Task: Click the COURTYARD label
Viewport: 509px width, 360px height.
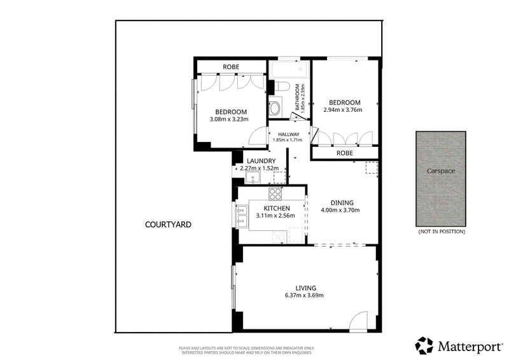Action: point(168,225)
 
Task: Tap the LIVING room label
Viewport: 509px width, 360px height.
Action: point(306,288)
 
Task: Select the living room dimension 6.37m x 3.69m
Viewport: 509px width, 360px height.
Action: point(304,295)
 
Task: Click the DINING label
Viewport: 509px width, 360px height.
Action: point(342,203)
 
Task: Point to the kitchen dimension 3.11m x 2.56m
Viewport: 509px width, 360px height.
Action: point(275,215)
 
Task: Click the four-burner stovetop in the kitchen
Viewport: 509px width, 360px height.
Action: point(275,194)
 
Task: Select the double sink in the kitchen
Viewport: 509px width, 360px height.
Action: point(242,216)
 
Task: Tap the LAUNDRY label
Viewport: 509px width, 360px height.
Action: point(261,161)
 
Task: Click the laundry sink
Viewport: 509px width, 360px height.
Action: point(253,177)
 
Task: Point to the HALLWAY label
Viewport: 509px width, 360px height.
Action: point(289,134)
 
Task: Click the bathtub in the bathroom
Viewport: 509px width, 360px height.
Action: point(289,69)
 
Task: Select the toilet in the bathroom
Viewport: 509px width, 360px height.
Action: point(282,87)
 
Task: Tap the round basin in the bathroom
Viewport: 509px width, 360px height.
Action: point(275,107)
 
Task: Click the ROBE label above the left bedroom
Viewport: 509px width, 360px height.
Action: point(231,67)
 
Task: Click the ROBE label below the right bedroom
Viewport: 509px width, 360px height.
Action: point(344,153)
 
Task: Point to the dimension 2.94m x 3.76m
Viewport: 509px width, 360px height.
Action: point(343,110)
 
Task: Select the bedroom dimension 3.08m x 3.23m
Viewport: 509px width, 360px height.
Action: point(229,119)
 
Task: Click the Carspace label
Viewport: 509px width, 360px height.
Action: point(441,171)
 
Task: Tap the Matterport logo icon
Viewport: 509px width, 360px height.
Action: point(424,345)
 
